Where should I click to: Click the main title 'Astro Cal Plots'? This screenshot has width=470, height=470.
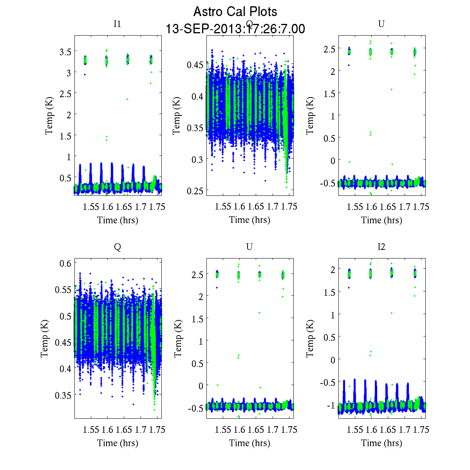coord(235,12)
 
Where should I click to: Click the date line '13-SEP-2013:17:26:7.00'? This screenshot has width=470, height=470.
coord(235,29)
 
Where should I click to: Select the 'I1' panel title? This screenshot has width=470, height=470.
coord(117,24)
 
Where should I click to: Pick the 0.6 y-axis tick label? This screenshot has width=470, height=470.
coord(65,263)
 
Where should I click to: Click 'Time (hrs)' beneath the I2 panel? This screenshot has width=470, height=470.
coord(381,443)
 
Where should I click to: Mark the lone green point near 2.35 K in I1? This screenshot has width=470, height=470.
coord(127,99)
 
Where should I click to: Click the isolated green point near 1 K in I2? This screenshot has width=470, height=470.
coord(391,313)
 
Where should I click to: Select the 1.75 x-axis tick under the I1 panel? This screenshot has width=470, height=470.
coord(157,207)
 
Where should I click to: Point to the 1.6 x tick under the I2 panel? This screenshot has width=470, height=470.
coord(371,430)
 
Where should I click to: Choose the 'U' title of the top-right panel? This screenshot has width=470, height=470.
coord(381,24)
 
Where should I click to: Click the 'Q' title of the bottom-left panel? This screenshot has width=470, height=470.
coord(117,247)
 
